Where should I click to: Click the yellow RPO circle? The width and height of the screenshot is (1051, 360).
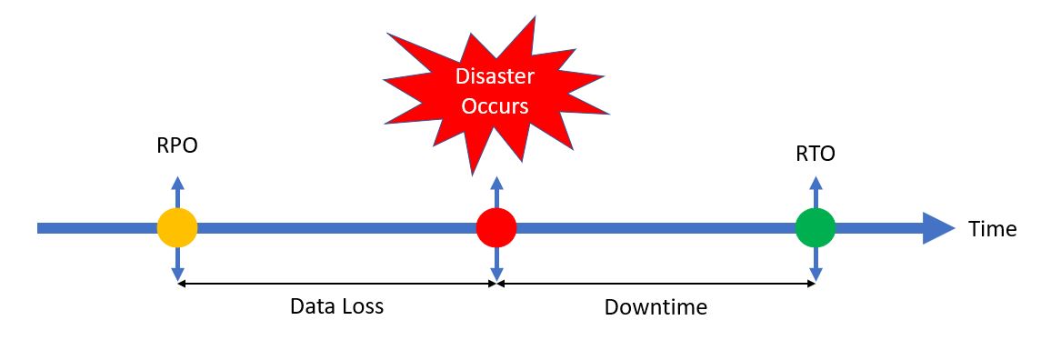tap(177, 227)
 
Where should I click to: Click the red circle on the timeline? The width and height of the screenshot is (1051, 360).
tap(496, 227)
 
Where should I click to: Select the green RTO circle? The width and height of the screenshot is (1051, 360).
tap(815, 227)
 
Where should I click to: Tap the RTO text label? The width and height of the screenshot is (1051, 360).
tap(815, 154)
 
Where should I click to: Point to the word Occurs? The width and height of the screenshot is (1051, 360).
tap(495, 106)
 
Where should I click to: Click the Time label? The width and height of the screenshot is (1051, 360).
tap(992, 228)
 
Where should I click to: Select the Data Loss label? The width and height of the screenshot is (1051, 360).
tap(336, 306)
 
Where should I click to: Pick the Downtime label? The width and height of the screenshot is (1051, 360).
tap(656, 307)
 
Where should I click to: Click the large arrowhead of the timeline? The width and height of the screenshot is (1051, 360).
tap(937, 227)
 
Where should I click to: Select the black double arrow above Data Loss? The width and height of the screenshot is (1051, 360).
tap(336, 284)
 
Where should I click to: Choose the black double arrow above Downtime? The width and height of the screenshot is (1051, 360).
tap(656, 284)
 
